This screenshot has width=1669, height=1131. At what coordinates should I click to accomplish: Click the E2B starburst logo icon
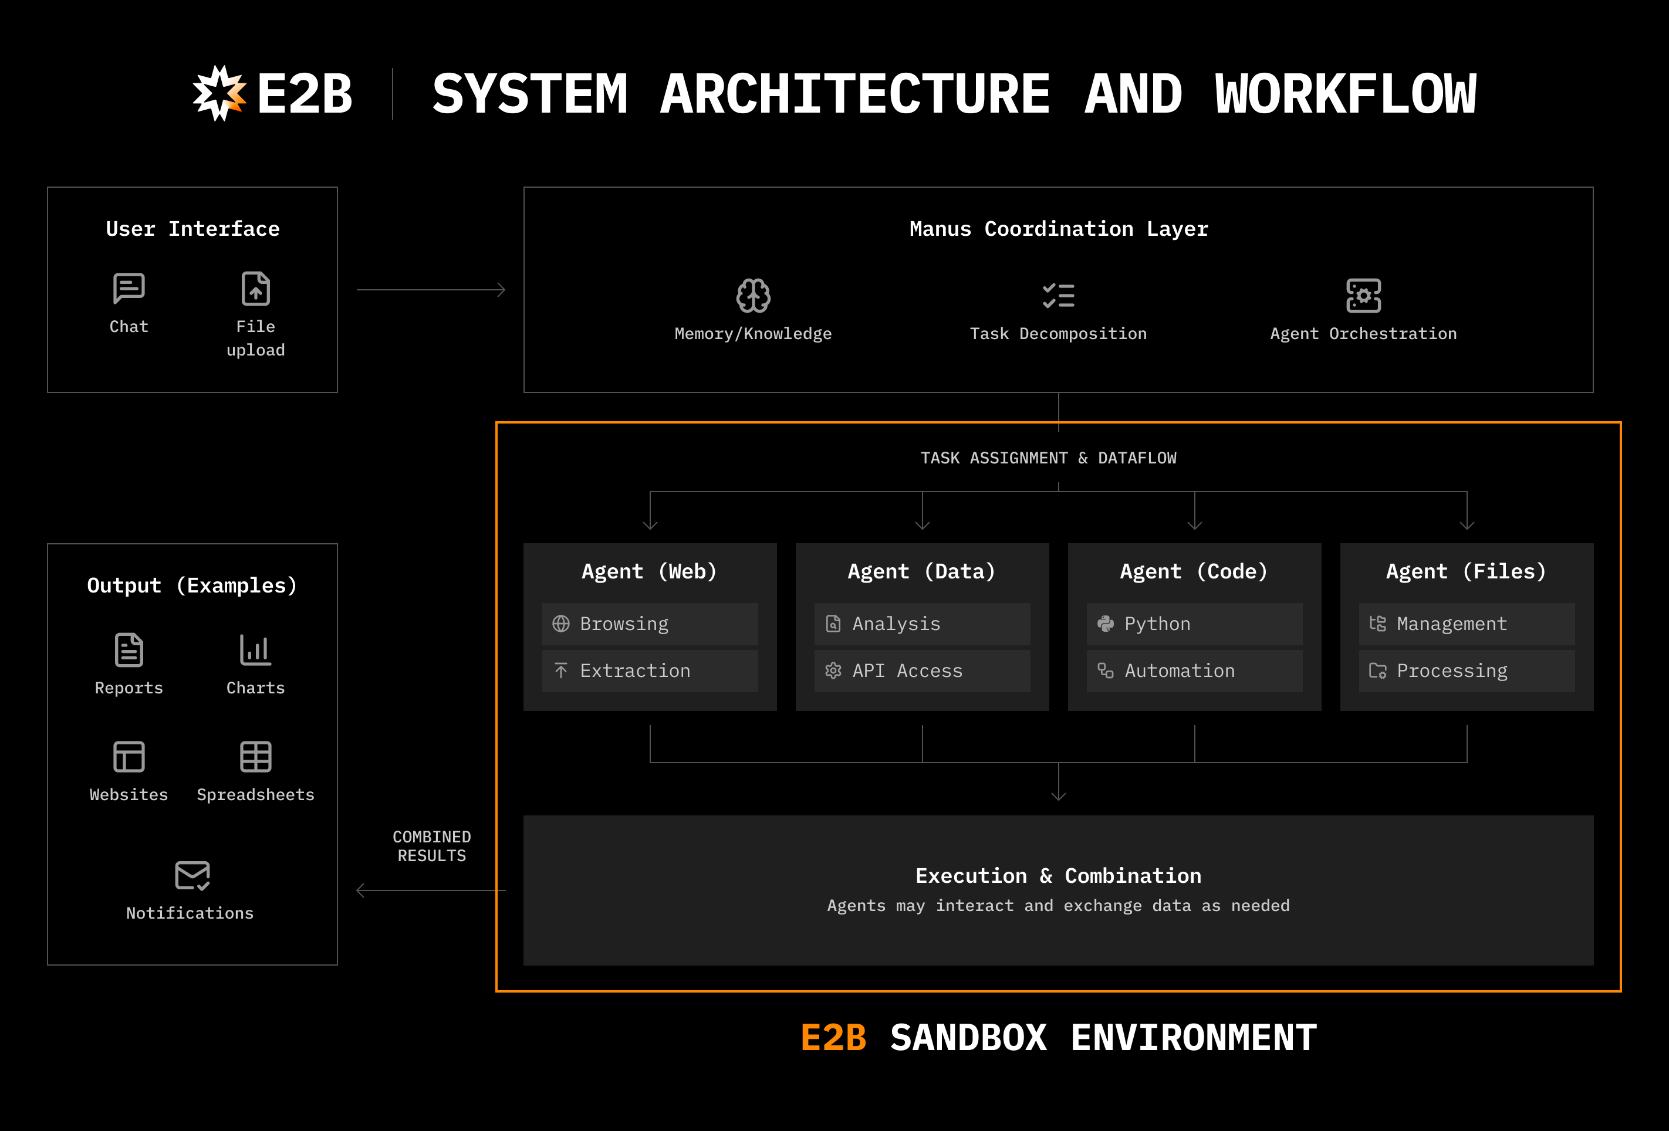point(219,93)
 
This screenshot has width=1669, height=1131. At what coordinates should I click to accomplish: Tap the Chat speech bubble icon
point(129,289)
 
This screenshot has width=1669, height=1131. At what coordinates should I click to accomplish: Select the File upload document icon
point(256,289)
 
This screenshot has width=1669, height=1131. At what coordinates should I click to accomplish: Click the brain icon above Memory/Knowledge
point(752,295)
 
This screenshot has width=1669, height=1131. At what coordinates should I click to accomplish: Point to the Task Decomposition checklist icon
point(1058,295)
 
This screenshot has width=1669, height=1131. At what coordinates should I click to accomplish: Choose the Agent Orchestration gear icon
point(1363,295)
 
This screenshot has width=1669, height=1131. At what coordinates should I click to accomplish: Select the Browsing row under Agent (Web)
point(649,624)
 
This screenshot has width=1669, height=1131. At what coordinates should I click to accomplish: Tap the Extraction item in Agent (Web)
point(649,671)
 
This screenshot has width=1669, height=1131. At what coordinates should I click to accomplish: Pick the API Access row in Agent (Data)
point(921,671)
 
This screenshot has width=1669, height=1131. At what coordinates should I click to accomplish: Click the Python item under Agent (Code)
point(1194,624)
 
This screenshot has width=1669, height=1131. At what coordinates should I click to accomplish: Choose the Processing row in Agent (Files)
point(1466,671)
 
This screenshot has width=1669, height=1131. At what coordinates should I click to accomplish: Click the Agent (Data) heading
point(921,571)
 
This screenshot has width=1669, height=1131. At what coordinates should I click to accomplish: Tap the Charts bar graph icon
point(256,650)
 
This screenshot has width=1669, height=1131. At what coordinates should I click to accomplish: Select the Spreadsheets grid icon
point(256,757)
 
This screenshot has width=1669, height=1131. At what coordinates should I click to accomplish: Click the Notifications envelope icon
point(192,875)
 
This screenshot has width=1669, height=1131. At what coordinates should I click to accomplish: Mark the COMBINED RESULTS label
point(431,846)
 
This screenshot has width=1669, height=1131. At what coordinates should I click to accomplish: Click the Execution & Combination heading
point(1058,876)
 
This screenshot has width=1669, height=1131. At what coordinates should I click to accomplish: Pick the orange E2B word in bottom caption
point(833,1038)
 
